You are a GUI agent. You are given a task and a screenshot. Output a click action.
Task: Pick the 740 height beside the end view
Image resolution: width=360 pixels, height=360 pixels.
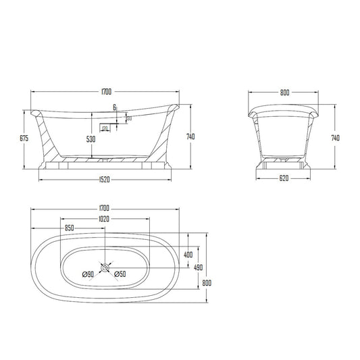(x=336, y=137)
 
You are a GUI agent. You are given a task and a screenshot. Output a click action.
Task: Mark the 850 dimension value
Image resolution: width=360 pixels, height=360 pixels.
(x=70, y=228)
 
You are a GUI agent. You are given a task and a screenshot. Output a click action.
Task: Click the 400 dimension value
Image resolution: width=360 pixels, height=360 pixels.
(x=188, y=255)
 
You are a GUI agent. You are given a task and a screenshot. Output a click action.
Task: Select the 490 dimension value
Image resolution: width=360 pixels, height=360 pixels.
(x=198, y=268)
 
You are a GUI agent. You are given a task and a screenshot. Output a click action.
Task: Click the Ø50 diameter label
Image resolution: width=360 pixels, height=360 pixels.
(x=121, y=274)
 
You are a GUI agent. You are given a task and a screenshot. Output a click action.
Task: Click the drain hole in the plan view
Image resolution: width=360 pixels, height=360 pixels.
(x=105, y=269)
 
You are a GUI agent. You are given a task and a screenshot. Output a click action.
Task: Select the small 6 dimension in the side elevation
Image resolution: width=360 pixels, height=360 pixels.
(x=115, y=107)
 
